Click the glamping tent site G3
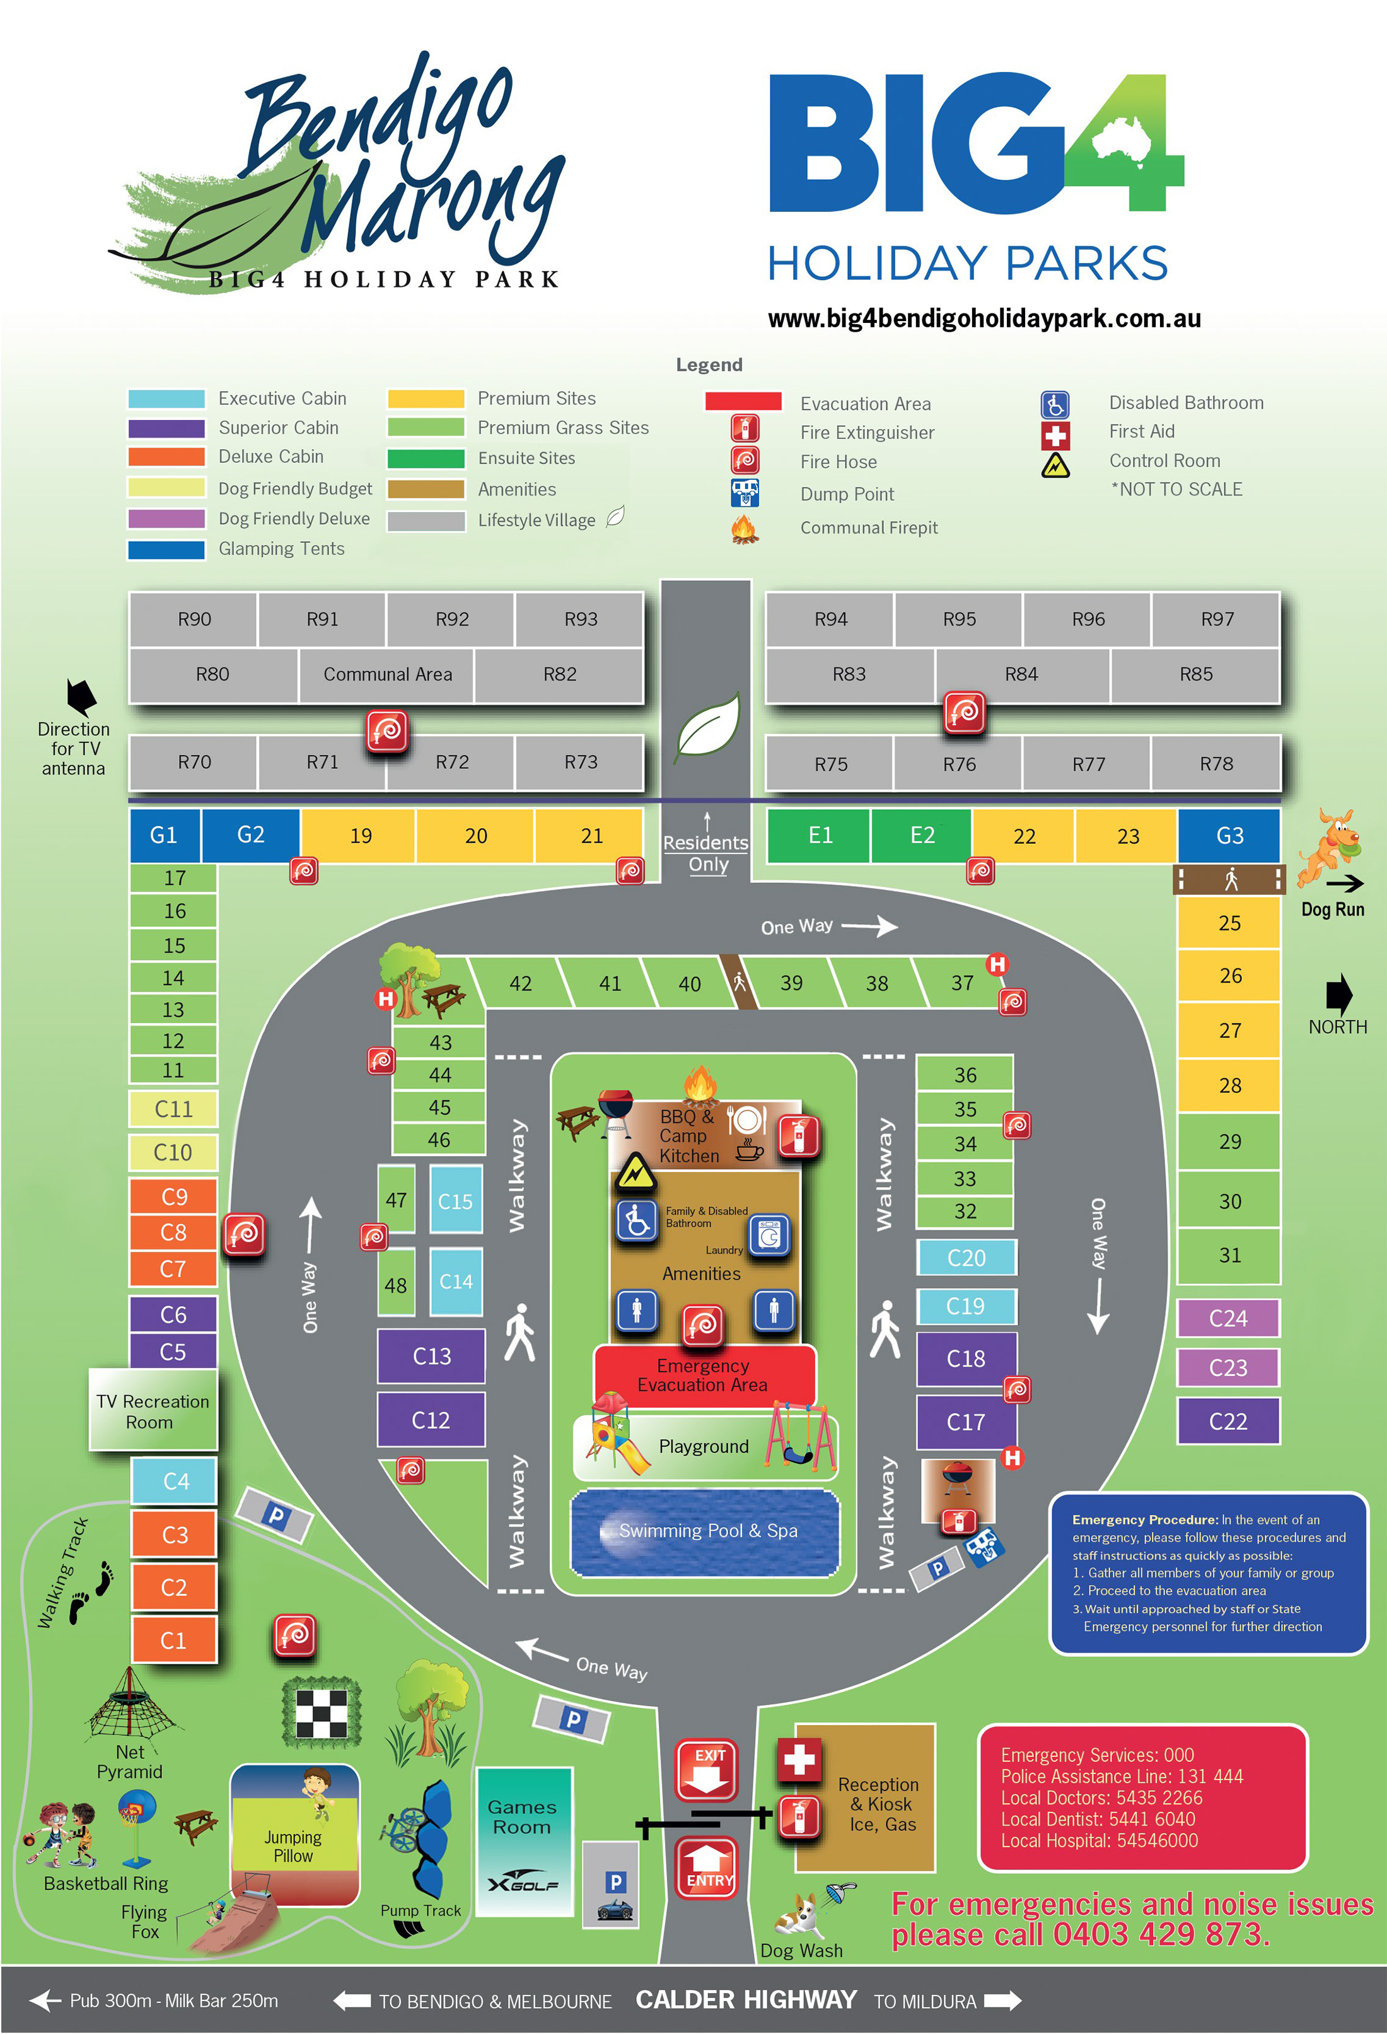click(1229, 836)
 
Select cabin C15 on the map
click(455, 1200)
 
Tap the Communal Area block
click(387, 675)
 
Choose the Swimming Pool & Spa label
click(708, 1531)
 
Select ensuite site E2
click(922, 836)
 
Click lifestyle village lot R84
click(1021, 675)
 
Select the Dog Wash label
click(801, 1951)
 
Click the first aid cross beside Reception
click(798, 1760)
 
